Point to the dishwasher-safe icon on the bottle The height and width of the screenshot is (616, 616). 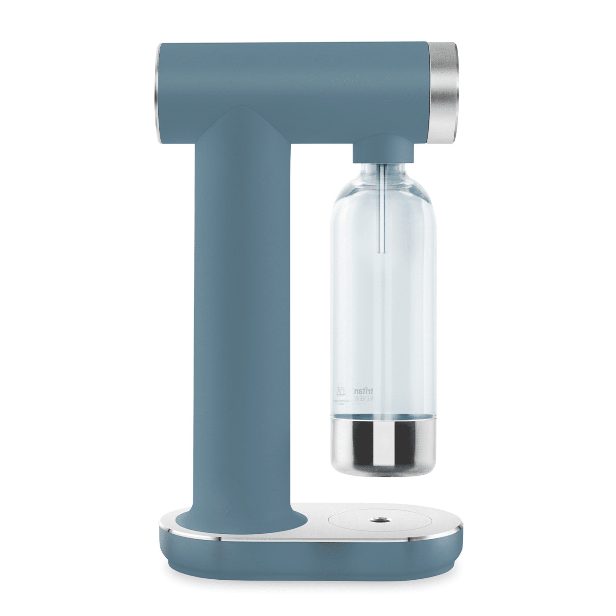341,391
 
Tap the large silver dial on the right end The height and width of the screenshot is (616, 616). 443,92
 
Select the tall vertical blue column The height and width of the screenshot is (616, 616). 242,319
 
